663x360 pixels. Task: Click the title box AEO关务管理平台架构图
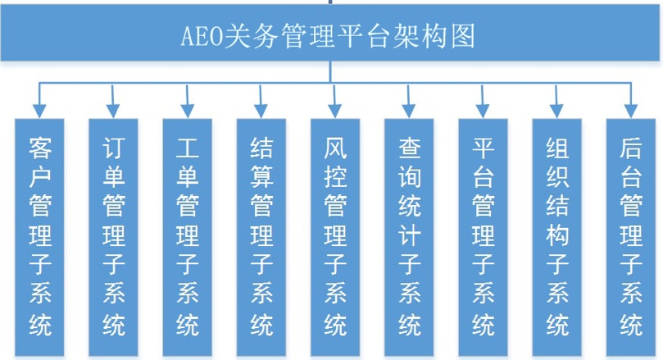pyautogui.click(x=329, y=33)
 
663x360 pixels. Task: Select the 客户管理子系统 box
pyautogui.click(x=39, y=237)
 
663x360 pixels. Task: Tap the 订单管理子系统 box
pyautogui.click(x=113, y=237)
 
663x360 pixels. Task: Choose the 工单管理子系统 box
pyautogui.click(x=188, y=237)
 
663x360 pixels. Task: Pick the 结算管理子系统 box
pyautogui.click(x=261, y=237)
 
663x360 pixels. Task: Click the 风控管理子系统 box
pyautogui.click(x=335, y=237)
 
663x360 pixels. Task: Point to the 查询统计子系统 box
pyautogui.click(x=409, y=237)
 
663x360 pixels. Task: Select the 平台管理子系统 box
pyautogui.click(x=483, y=237)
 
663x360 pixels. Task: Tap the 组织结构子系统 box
pyautogui.click(x=556, y=237)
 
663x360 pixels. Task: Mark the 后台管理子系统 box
pyautogui.click(x=631, y=237)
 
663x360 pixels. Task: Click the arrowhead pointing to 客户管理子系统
pyautogui.click(x=39, y=112)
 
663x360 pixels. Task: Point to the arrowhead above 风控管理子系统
pyautogui.click(x=335, y=112)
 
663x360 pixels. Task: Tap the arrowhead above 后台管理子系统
pyautogui.click(x=631, y=112)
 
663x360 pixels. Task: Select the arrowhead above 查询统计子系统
pyautogui.click(x=409, y=112)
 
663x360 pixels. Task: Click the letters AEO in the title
pyautogui.click(x=202, y=36)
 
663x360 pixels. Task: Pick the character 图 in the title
pyautogui.click(x=463, y=35)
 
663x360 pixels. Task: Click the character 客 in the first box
pyautogui.click(x=40, y=148)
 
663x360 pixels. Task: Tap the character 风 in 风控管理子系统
pyautogui.click(x=336, y=148)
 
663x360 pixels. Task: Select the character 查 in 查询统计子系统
pyautogui.click(x=410, y=148)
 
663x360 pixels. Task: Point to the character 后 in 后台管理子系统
pyautogui.click(x=631, y=148)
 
